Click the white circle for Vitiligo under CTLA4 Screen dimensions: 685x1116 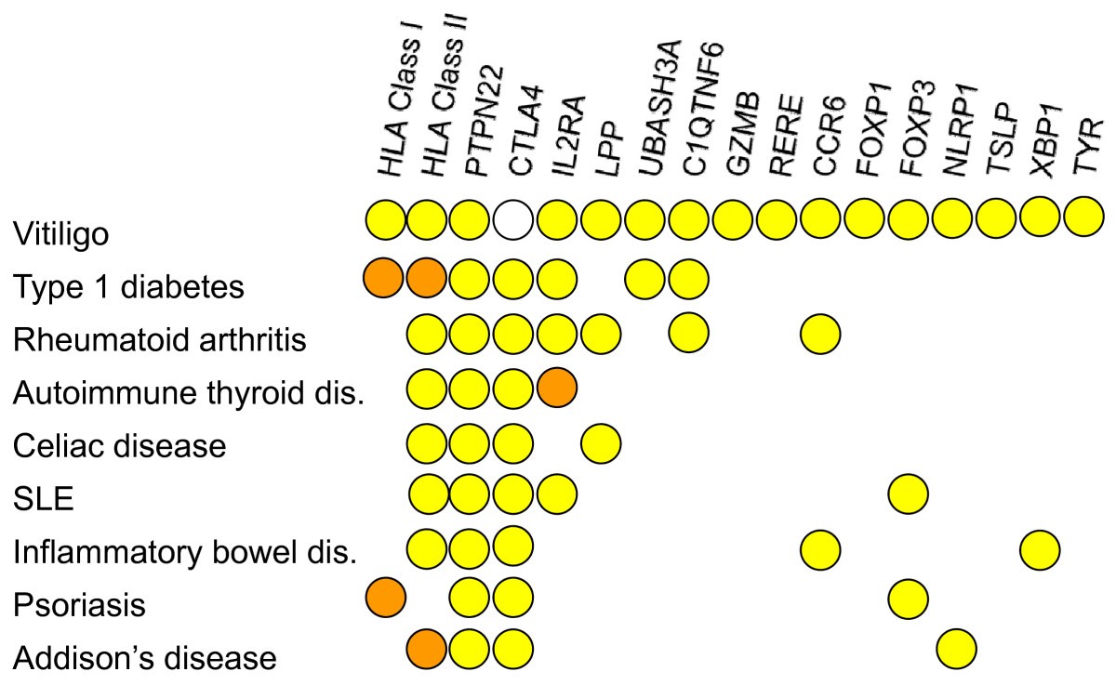pyautogui.click(x=514, y=221)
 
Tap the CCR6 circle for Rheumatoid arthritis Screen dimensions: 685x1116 pyautogui.click(x=820, y=333)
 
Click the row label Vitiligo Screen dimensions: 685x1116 pyautogui.click(x=60, y=234)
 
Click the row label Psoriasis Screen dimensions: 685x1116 pyautogui.click(x=79, y=605)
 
